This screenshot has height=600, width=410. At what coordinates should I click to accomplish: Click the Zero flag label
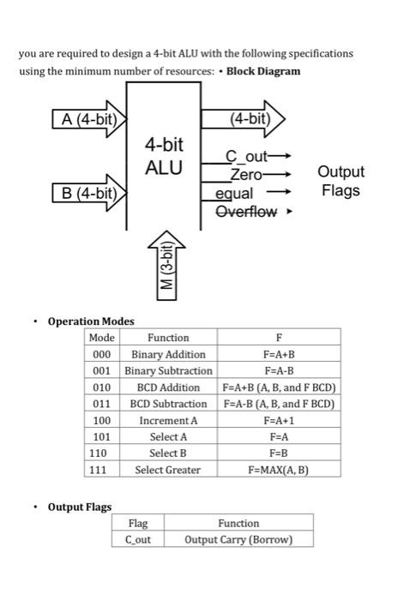point(245,175)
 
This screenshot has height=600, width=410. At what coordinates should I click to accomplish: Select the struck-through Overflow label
point(247,211)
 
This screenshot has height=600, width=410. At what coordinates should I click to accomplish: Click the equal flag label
point(234,194)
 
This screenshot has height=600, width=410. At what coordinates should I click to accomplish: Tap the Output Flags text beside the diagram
point(341,181)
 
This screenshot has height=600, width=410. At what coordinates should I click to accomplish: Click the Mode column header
point(101,338)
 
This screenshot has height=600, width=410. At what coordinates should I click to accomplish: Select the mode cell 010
point(101,387)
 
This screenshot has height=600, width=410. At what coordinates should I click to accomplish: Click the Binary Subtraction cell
point(168,371)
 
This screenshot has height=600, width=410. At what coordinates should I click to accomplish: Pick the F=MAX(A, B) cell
point(278,470)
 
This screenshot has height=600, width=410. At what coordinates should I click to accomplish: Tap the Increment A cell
point(168,420)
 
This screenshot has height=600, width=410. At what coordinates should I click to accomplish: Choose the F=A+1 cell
point(278,420)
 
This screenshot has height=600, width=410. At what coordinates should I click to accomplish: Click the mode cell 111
point(101,470)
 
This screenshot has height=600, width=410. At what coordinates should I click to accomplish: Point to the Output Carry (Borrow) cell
point(238,539)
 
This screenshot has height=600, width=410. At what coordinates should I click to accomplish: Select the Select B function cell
point(168,453)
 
